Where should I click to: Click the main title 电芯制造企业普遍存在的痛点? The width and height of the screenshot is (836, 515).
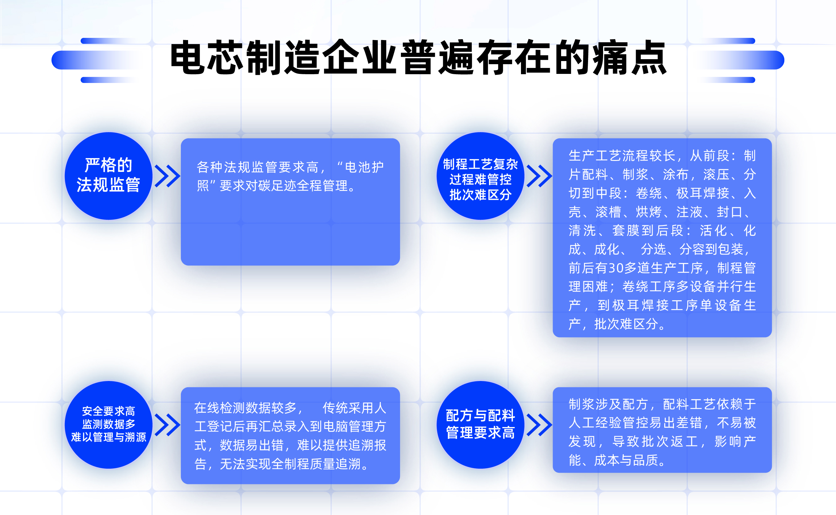[418, 57]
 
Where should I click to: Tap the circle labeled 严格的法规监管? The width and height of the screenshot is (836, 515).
[108, 176]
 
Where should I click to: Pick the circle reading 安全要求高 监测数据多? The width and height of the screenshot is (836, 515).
[108, 425]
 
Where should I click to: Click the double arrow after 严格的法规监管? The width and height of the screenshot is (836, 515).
[167, 176]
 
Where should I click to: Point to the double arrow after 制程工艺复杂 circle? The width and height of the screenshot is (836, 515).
[539, 176]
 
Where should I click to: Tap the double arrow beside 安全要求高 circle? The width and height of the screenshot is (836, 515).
[167, 425]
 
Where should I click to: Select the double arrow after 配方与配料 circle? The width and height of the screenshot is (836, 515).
[539, 425]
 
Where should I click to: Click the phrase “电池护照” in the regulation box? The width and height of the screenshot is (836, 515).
[360, 167]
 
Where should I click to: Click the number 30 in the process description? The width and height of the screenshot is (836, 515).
[616, 268]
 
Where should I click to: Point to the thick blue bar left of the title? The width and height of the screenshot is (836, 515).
[96, 60]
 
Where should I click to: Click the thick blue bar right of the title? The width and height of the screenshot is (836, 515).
[740, 60]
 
